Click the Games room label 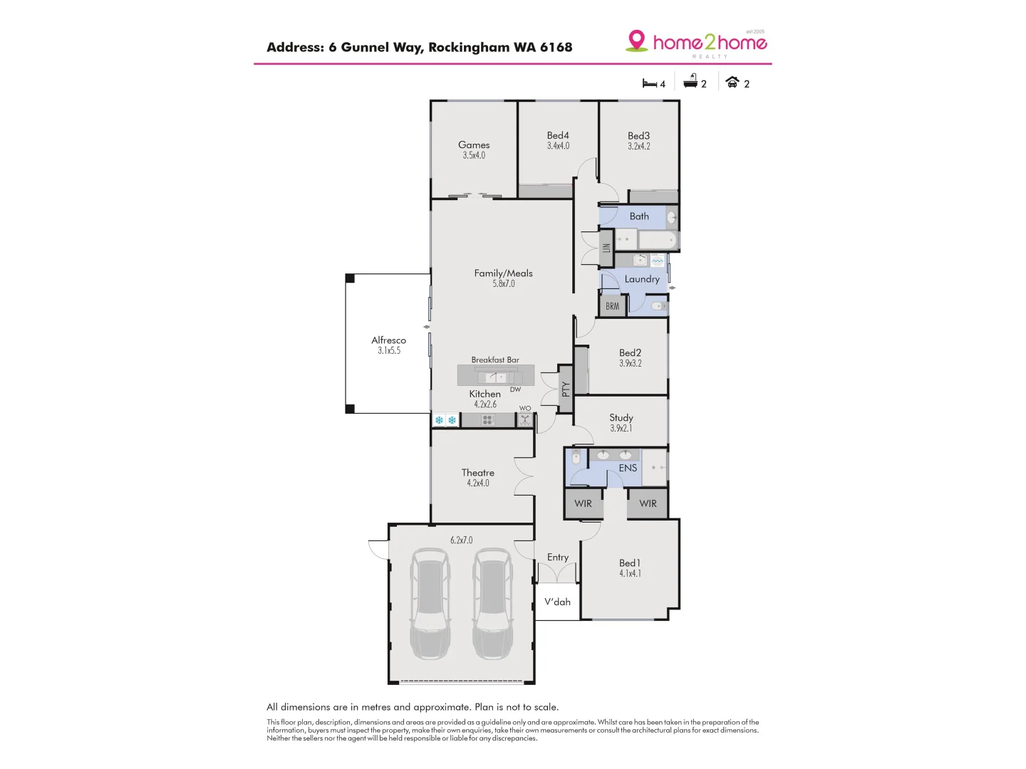click(x=474, y=145)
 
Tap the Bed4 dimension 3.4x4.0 click(x=558, y=146)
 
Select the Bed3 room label click(x=638, y=135)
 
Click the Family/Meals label click(x=503, y=273)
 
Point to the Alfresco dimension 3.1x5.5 click(x=389, y=351)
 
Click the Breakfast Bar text click(x=495, y=360)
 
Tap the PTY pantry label click(x=566, y=389)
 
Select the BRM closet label click(x=613, y=306)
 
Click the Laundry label click(x=642, y=279)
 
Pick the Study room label click(x=621, y=417)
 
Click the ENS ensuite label click(x=628, y=468)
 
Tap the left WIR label click(x=583, y=503)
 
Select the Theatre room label click(x=477, y=473)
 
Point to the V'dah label click(x=557, y=602)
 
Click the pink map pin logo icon click(x=636, y=41)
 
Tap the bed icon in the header click(x=649, y=83)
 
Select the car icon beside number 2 click(x=732, y=83)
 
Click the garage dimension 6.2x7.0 click(x=461, y=540)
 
